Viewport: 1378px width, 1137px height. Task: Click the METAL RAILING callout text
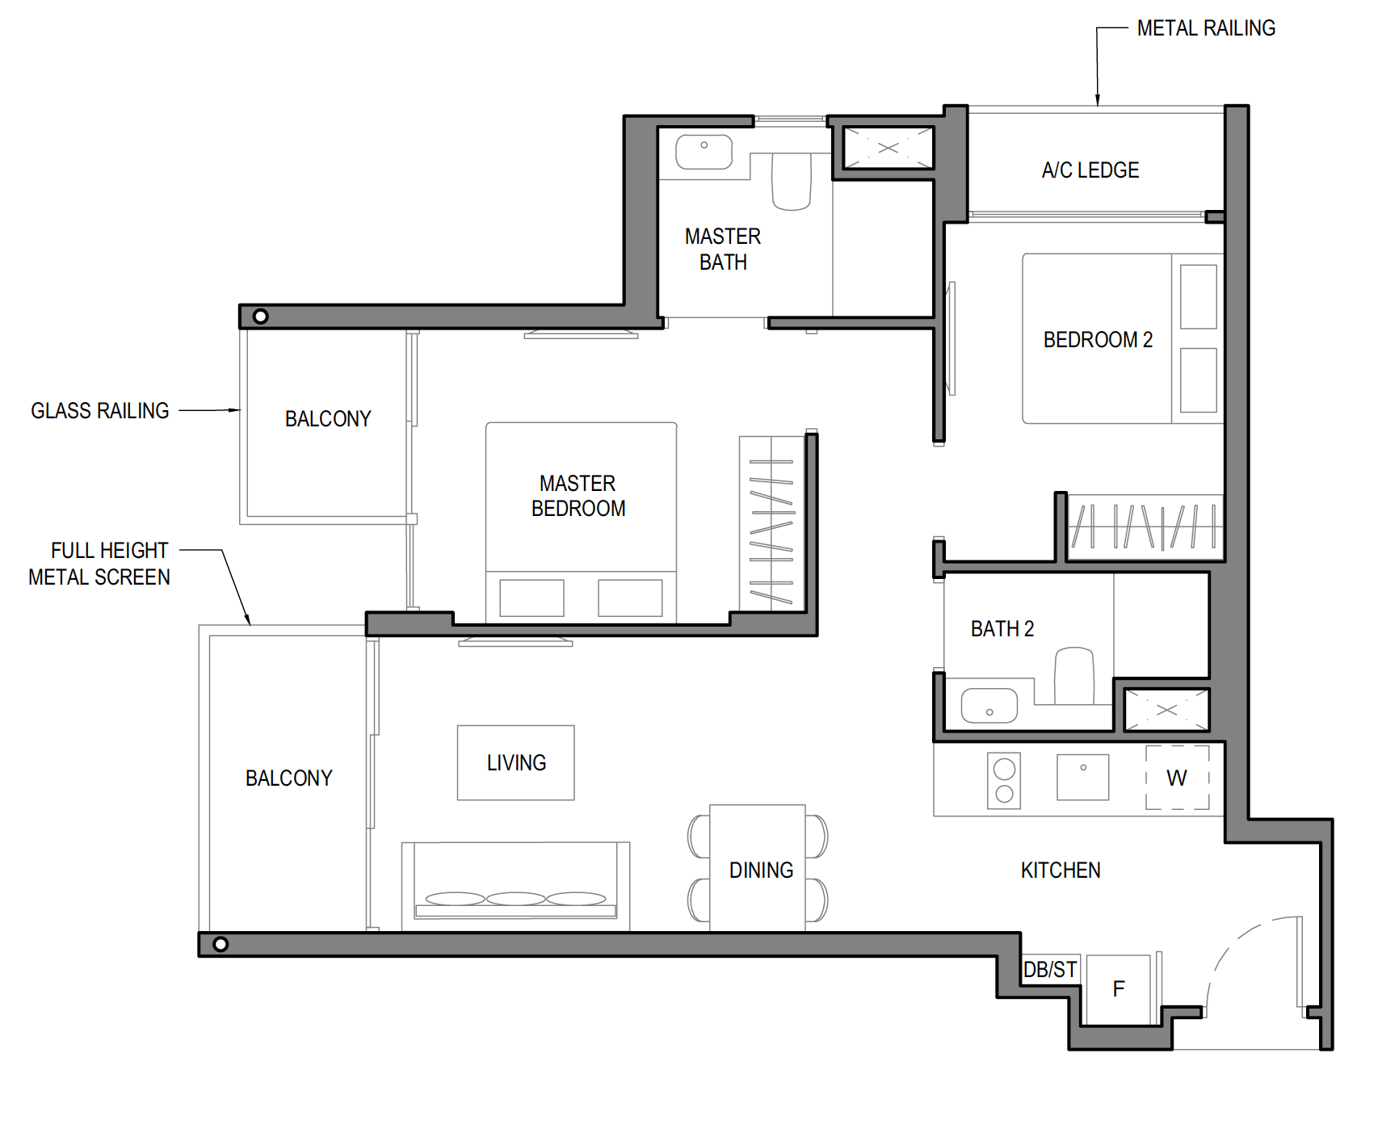pyautogui.click(x=1206, y=28)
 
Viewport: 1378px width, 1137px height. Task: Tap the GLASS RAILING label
pyautogui.click(x=100, y=411)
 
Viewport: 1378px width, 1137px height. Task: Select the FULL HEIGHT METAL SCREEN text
pyautogui.click(x=99, y=564)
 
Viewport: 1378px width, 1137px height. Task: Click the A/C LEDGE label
pyautogui.click(x=1090, y=170)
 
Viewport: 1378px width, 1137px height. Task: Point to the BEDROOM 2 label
pyautogui.click(x=1098, y=340)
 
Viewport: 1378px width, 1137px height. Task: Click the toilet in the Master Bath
pyautogui.click(x=792, y=181)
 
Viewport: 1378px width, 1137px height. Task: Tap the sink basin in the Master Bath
pyautogui.click(x=704, y=152)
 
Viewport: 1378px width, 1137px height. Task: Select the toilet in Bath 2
pyautogui.click(x=1074, y=675)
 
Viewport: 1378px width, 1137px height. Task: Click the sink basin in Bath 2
pyautogui.click(x=989, y=706)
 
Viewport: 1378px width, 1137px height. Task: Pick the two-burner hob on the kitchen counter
pyautogui.click(x=1004, y=781)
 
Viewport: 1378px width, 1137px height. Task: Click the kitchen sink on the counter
pyautogui.click(x=1083, y=777)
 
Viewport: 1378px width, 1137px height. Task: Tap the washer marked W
pyautogui.click(x=1177, y=778)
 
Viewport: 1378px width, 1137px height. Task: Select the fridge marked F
pyautogui.click(x=1119, y=989)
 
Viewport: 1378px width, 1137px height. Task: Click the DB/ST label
pyautogui.click(x=1050, y=970)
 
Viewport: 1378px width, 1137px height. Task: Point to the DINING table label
pyautogui.click(x=761, y=871)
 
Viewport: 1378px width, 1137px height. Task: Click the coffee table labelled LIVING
pyautogui.click(x=516, y=763)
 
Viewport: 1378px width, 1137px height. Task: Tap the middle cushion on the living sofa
pyautogui.click(x=516, y=899)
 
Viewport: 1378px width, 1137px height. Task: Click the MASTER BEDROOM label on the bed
pyautogui.click(x=578, y=496)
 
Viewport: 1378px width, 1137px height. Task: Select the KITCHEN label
pyautogui.click(x=1061, y=871)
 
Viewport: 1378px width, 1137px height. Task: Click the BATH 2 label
pyautogui.click(x=1002, y=629)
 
